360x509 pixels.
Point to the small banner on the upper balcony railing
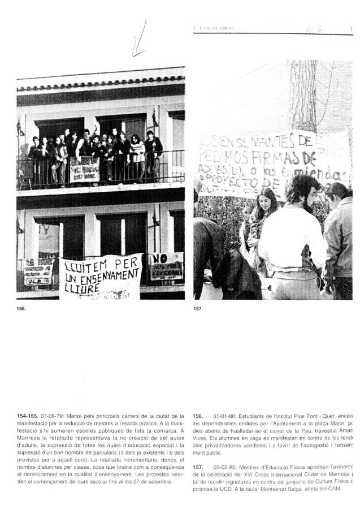click(85, 169)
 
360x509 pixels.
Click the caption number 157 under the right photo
click(198, 309)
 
